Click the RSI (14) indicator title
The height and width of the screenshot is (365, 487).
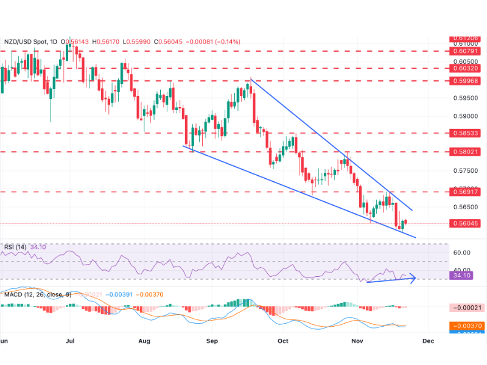coord(16,246)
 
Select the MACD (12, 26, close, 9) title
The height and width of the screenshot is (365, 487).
coord(37,294)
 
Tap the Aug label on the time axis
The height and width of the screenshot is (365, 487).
coord(144,341)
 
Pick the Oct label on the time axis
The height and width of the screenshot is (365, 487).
coord(282,341)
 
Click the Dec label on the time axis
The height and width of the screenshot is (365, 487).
coord(428,341)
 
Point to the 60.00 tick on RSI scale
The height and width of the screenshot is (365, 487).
coord(460,252)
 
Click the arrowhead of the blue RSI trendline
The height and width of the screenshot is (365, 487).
coord(415,279)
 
